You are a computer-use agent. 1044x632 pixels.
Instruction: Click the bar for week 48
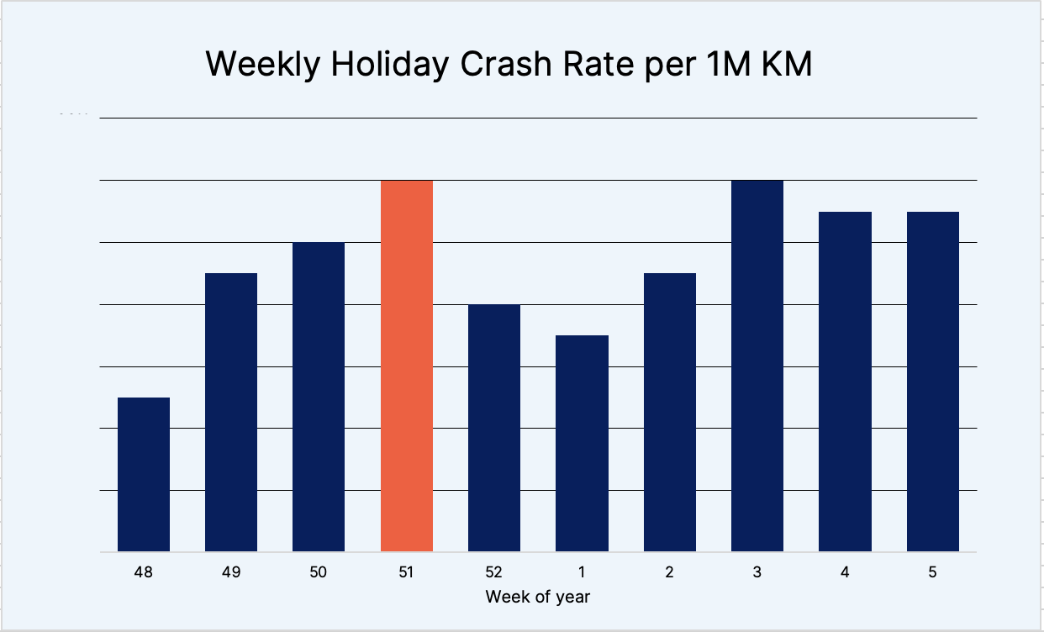pos(144,474)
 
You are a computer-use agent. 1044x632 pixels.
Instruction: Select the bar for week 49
pos(231,412)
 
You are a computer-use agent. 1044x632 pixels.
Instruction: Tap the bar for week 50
pos(319,397)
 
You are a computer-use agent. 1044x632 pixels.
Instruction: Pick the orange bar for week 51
pos(407,366)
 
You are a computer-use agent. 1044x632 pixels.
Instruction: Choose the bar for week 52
pos(494,428)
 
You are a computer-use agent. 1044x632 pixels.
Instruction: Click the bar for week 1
pos(582,443)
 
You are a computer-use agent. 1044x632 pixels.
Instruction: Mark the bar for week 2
pos(670,412)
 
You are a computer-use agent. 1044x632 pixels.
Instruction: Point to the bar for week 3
pos(757,366)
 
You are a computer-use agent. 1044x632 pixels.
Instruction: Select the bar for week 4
pos(845,382)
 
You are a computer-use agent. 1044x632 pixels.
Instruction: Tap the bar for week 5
pos(933,382)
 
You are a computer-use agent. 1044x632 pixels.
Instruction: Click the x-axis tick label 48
pos(144,572)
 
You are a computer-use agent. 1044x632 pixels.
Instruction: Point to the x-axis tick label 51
pos(407,572)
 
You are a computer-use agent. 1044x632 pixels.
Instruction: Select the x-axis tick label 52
pos(494,572)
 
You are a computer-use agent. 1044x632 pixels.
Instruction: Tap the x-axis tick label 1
pos(582,572)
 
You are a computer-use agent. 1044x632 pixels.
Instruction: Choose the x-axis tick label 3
pos(757,572)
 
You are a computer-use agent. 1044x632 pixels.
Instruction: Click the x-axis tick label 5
pos(933,572)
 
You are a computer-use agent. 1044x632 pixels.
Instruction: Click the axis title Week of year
pos(538,597)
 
